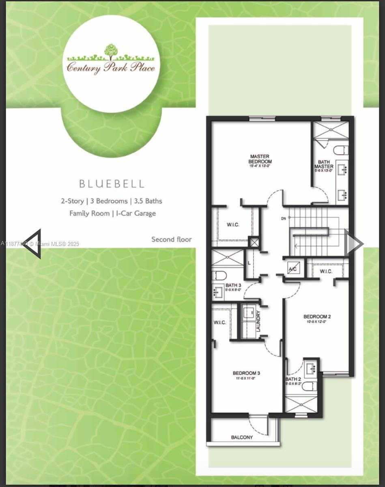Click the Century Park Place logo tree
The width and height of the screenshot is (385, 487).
coord(110,50)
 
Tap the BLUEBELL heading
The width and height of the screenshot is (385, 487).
coord(112,183)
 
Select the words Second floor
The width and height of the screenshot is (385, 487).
coord(172,239)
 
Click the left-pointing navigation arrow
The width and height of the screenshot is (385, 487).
coord(33,243)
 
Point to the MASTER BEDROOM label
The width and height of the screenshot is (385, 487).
coord(260,159)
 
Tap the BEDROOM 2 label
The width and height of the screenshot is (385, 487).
coord(318,317)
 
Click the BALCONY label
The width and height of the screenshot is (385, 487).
coord(242,437)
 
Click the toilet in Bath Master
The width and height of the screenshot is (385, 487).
coord(341,150)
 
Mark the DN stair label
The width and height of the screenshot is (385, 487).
coord(284,218)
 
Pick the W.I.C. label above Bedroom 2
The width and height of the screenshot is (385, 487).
coord(326,271)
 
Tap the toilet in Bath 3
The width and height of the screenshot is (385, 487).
coord(219,276)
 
